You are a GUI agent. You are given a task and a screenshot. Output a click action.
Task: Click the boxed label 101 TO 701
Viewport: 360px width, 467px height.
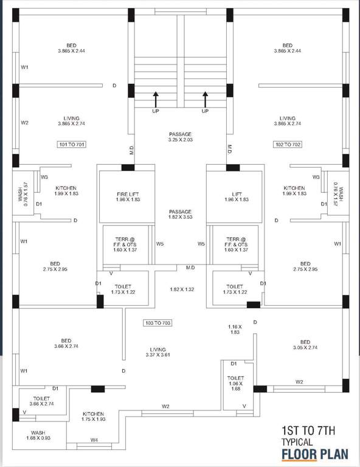[71, 145]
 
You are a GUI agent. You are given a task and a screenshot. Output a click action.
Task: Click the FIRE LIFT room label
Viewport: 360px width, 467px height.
[128, 196]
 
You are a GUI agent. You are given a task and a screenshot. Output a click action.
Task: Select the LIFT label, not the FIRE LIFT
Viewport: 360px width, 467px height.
[234, 196]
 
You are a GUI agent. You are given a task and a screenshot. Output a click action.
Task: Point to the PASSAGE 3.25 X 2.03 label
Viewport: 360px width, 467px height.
[180, 137]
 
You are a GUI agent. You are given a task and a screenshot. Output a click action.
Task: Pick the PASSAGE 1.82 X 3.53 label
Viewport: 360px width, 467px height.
[180, 215]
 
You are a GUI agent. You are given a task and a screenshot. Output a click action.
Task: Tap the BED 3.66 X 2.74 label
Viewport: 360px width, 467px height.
[66, 344]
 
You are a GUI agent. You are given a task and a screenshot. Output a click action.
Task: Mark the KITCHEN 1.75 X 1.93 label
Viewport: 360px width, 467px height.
[93, 417]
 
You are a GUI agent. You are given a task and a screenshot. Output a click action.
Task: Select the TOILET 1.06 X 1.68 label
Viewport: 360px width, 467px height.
[235, 384]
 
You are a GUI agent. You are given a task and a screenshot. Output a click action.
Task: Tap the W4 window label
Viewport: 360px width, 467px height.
[94, 440]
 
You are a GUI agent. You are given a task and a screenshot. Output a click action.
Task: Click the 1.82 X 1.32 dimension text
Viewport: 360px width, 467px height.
[181, 289]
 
